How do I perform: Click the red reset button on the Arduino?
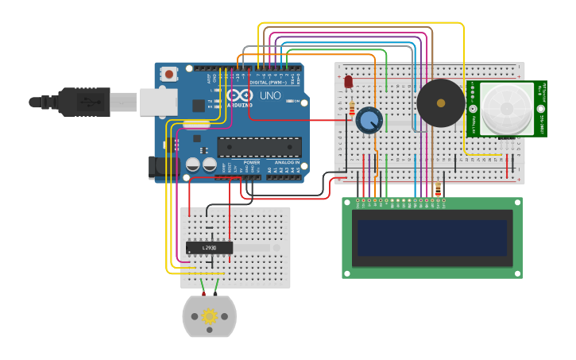168,74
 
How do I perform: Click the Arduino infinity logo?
241,95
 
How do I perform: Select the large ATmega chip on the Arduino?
260,147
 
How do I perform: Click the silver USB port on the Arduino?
158,102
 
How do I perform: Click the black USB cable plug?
84,102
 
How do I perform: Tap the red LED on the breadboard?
348,82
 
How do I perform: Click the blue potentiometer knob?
369,121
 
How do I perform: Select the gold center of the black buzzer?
441,103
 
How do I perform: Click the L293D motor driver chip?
209,248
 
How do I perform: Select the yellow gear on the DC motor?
210,316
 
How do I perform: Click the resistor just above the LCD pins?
438,189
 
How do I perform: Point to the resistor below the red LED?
352,109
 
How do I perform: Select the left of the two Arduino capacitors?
192,165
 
